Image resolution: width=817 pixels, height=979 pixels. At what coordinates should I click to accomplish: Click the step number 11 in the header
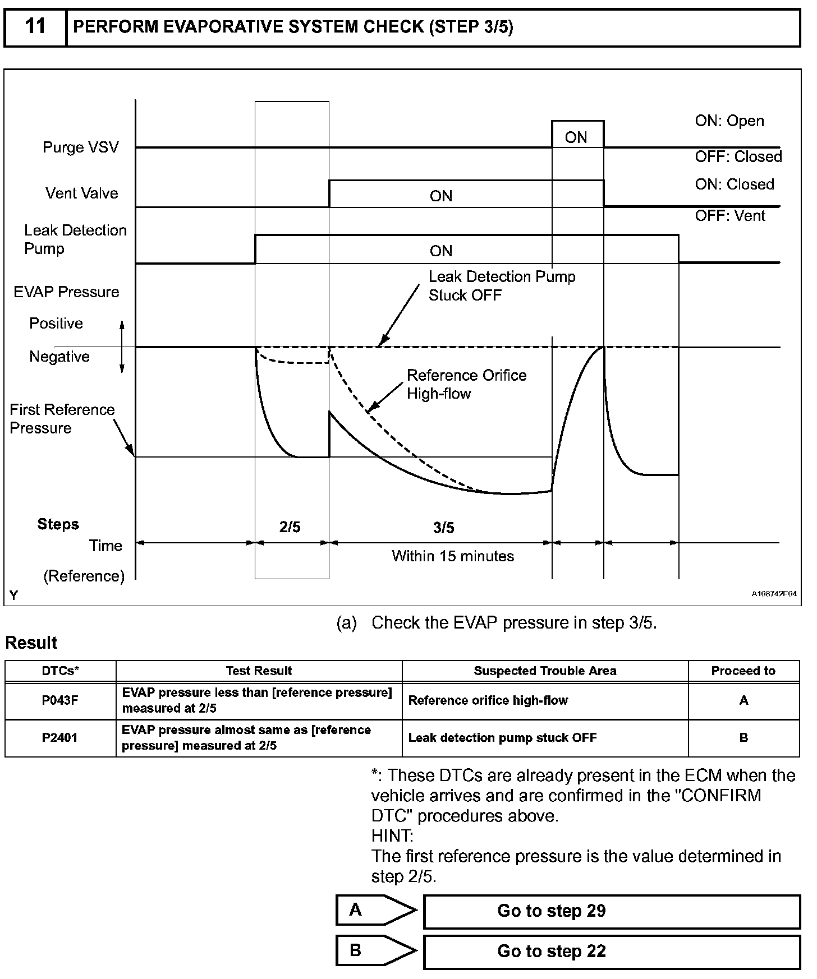coord(35,26)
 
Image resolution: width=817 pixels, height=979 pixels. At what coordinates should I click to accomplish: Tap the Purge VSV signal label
coord(81,147)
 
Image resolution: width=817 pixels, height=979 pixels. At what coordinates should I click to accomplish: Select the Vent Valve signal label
coord(82,193)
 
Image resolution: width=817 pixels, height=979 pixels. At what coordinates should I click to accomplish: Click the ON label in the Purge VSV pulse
coord(576,137)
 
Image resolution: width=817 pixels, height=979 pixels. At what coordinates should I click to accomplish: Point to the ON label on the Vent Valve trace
coord(441,196)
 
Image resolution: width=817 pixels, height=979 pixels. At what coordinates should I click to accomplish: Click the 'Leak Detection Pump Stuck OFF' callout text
coord(502,286)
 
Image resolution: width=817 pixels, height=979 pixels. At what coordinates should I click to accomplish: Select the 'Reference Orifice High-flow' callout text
coord(466,384)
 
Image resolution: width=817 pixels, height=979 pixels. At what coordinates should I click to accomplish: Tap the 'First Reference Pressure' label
coord(62,419)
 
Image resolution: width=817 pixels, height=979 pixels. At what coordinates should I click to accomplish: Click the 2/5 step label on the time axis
coord(290,527)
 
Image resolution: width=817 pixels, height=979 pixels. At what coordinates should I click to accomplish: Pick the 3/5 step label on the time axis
coord(444,528)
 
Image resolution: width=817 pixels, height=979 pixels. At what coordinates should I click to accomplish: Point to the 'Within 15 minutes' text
coord(453,556)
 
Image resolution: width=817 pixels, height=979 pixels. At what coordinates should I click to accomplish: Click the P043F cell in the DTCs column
coord(60,700)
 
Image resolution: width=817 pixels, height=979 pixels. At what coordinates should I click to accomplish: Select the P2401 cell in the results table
coord(60,738)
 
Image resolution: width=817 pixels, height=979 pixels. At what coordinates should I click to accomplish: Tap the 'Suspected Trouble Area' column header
coord(545,671)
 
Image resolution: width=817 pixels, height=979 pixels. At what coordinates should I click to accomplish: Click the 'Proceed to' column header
coord(743,671)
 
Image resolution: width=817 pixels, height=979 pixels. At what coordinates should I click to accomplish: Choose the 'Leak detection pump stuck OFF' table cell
coord(502,738)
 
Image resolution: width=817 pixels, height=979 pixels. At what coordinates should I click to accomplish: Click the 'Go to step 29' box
coord(611,911)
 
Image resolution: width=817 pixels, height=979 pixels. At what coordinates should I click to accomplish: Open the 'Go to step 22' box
coord(611,952)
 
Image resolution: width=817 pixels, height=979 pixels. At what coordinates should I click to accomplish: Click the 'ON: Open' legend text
coord(729,121)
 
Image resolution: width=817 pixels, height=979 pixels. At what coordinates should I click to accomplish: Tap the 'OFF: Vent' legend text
coord(729,216)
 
